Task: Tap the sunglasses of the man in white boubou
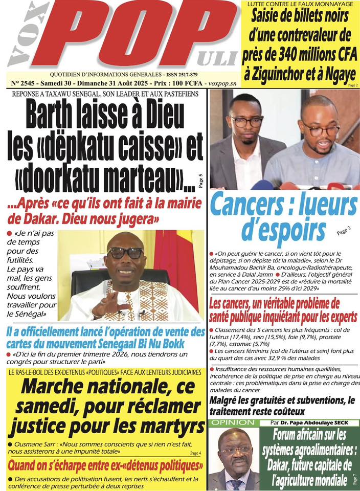point(125,253)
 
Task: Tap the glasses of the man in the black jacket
point(246,121)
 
